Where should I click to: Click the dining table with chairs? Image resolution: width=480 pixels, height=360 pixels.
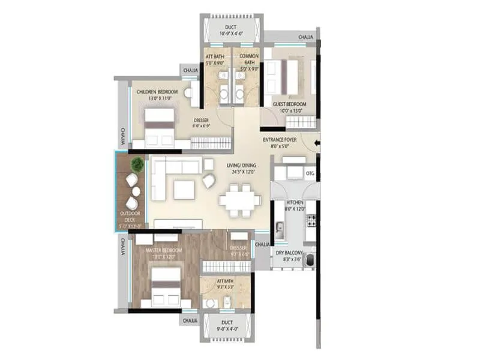[x=239, y=200]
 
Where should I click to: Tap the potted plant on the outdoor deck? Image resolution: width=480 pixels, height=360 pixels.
[x=137, y=164]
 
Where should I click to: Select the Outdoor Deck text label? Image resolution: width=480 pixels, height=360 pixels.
[x=130, y=217]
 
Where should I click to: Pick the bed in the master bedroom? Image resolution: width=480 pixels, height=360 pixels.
[x=165, y=285]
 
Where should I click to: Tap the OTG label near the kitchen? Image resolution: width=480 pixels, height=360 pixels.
[x=310, y=174]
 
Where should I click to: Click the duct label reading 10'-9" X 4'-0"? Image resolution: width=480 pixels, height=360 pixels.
[x=231, y=30]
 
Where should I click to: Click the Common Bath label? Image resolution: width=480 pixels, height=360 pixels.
[x=248, y=59]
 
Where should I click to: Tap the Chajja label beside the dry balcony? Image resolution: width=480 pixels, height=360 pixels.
[x=262, y=245]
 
